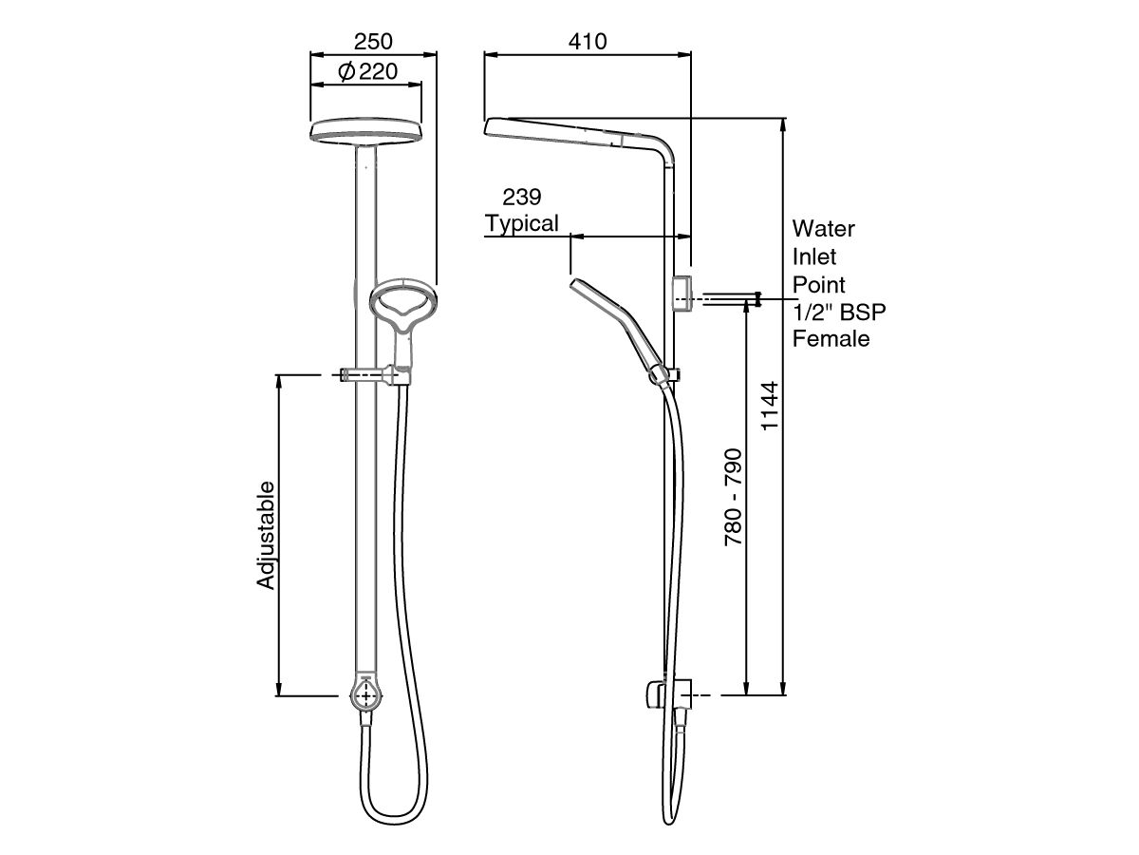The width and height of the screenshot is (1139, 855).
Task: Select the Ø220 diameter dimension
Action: pyautogui.click(x=366, y=71)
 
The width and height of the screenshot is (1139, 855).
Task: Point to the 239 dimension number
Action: pyautogui.click(x=521, y=197)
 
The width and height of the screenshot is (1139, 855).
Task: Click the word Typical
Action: pyautogui.click(x=521, y=224)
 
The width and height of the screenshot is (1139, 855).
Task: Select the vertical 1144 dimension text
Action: pyautogui.click(x=770, y=408)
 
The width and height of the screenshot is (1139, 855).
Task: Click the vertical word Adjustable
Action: pyautogui.click(x=267, y=535)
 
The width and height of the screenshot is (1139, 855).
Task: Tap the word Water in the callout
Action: pyautogui.click(x=824, y=229)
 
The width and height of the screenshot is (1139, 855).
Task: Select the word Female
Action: pyautogui.click(x=831, y=338)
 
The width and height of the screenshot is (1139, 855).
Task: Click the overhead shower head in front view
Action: pyautogui.click(x=366, y=133)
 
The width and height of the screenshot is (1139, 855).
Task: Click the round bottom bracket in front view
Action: pyautogui.click(x=366, y=693)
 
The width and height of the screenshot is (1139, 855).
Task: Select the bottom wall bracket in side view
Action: pyautogui.click(x=669, y=695)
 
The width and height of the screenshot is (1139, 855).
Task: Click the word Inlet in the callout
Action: pyautogui.click(x=814, y=256)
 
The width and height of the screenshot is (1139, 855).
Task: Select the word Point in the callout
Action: pyautogui.click(x=819, y=284)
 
